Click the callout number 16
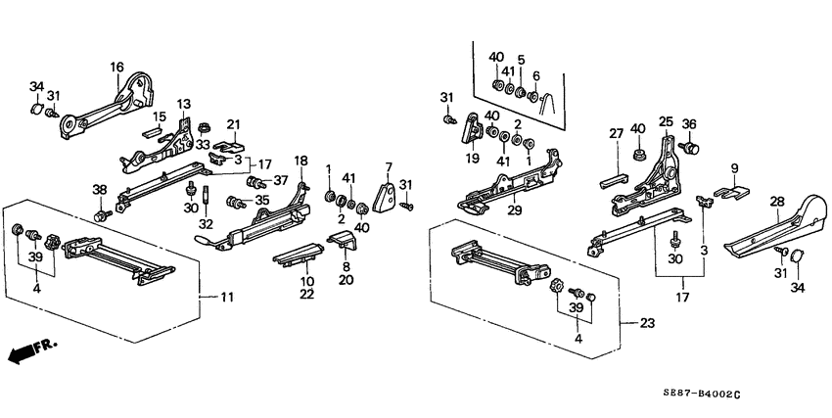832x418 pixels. pos(116,67)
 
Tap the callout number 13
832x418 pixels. pos(183,104)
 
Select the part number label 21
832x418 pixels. pos(233,123)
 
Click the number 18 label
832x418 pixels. pos(300,160)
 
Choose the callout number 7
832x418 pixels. pos(388,167)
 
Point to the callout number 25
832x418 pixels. pos(665,122)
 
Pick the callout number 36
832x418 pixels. pos(689,123)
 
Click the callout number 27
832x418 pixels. pos(617,134)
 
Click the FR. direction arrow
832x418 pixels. pos(29,350)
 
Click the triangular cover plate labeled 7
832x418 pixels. pos(385,197)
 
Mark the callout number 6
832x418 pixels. pos(535,75)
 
